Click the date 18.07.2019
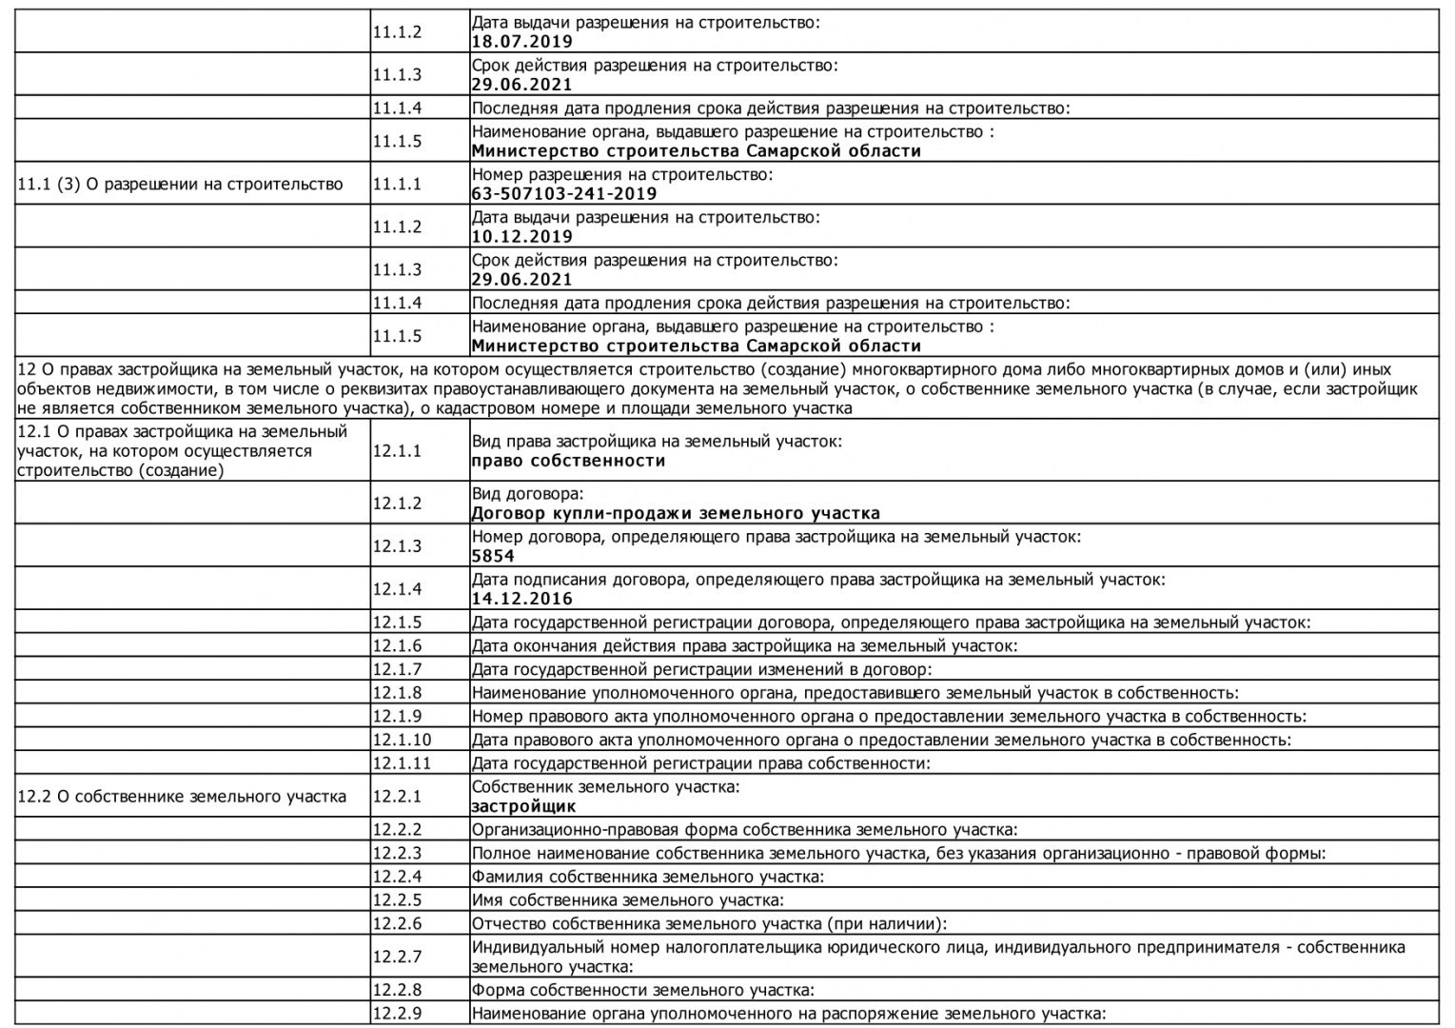click(x=521, y=42)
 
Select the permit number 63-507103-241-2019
click(x=563, y=194)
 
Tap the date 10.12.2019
click(x=521, y=237)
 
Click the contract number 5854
click(x=493, y=556)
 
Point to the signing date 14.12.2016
click(x=521, y=599)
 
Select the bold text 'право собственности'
click(x=568, y=461)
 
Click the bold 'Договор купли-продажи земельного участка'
click(x=676, y=513)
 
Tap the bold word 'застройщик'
click(x=523, y=806)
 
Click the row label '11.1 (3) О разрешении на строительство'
click(x=180, y=184)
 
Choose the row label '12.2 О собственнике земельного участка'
click(x=182, y=796)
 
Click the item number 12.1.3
click(x=397, y=546)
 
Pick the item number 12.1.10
click(x=402, y=740)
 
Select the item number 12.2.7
click(x=397, y=957)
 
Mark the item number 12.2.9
click(x=397, y=1014)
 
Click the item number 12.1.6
click(x=397, y=645)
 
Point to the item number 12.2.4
click(x=397, y=876)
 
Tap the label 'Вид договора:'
click(x=527, y=494)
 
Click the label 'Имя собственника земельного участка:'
click(x=627, y=899)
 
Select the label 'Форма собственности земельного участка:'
click(x=642, y=990)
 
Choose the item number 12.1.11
click(x=402, y=763)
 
